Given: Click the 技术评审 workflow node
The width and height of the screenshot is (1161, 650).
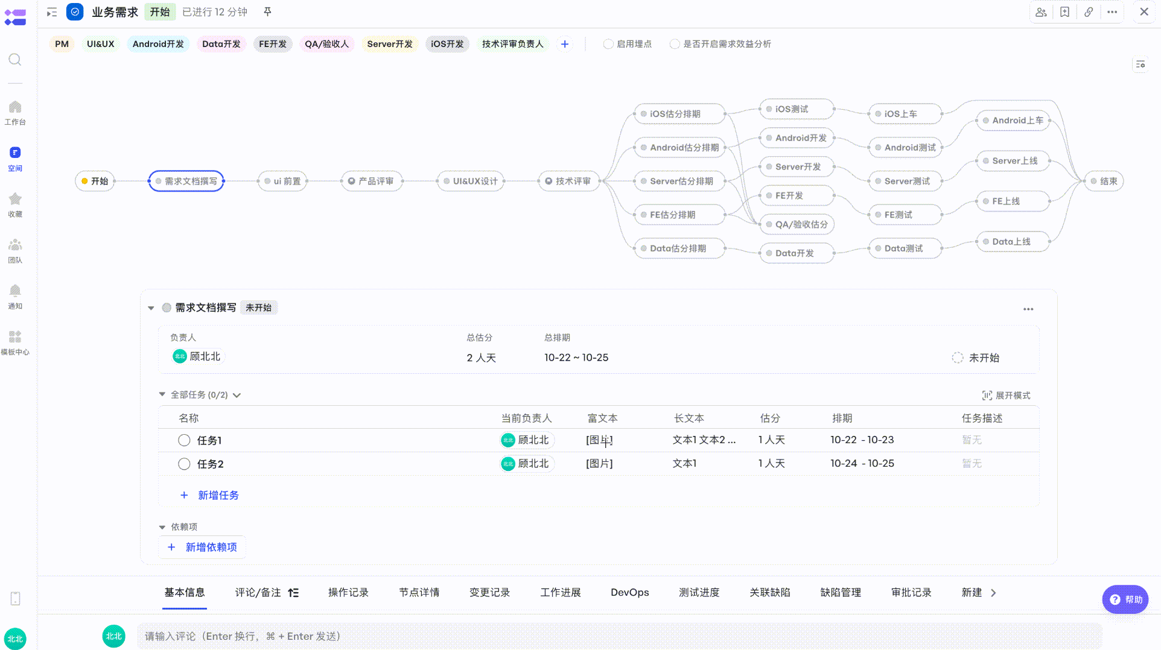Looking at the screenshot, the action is point(569,181).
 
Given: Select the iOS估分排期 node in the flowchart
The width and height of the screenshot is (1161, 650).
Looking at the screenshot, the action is point(679,114).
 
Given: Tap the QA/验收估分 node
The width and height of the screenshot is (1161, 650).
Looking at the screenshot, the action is point(797,224).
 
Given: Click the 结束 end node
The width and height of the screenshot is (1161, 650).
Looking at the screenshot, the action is point(1104,181).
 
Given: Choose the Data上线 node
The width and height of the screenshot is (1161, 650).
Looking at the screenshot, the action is point(1013,242).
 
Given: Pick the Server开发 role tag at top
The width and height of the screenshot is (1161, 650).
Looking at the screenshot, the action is point(390,44).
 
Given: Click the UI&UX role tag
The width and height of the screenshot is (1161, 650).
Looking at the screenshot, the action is point(100,44).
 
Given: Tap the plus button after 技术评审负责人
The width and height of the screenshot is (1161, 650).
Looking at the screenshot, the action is point(565,44).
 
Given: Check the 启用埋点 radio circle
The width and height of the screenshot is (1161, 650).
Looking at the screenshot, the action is point(608,44).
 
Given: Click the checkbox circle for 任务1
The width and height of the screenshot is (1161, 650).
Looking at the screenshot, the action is point(184,440).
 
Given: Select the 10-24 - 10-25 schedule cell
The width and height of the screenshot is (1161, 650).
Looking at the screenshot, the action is point(862,464).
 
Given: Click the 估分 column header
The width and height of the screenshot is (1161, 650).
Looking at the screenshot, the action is point(770,418).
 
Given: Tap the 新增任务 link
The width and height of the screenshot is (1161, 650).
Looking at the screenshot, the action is point(209,495).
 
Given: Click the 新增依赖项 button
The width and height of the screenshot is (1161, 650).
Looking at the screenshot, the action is point(202,547).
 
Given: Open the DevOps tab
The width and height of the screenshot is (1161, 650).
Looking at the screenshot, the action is point(629,593).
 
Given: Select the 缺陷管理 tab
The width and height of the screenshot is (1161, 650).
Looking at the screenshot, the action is point(841,593).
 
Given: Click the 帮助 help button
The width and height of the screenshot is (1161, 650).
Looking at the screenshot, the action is point(1125,599).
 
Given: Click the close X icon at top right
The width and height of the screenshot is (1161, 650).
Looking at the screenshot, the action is point(1144,11).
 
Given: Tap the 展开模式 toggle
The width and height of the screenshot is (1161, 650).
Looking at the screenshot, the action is point(1006,396).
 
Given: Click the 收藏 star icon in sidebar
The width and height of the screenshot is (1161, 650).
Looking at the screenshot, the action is point(15,199).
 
